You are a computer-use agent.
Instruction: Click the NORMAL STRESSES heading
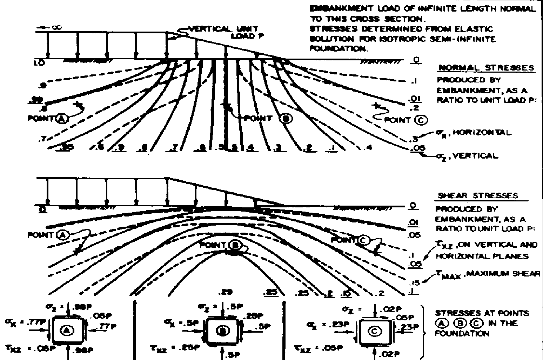pos(487,68)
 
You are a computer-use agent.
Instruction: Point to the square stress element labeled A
pos(67,330)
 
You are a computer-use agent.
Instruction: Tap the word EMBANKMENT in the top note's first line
pos(333,9)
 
